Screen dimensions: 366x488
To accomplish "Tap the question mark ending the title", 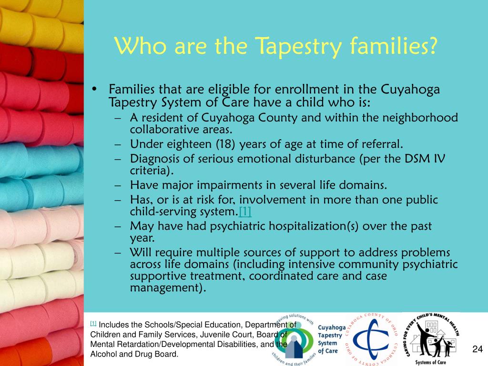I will pyautogui.click(x=432, y=47).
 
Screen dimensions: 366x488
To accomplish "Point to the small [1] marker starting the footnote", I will pyautogui.click(x=93, y=324).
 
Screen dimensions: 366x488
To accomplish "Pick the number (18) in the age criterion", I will pyautogui.click(x=227, y=144).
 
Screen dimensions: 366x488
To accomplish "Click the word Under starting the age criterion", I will pyautogui.click(x=144, y=144).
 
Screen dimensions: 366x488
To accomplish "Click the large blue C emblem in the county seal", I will pyautogui.click(x=372, y=340).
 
